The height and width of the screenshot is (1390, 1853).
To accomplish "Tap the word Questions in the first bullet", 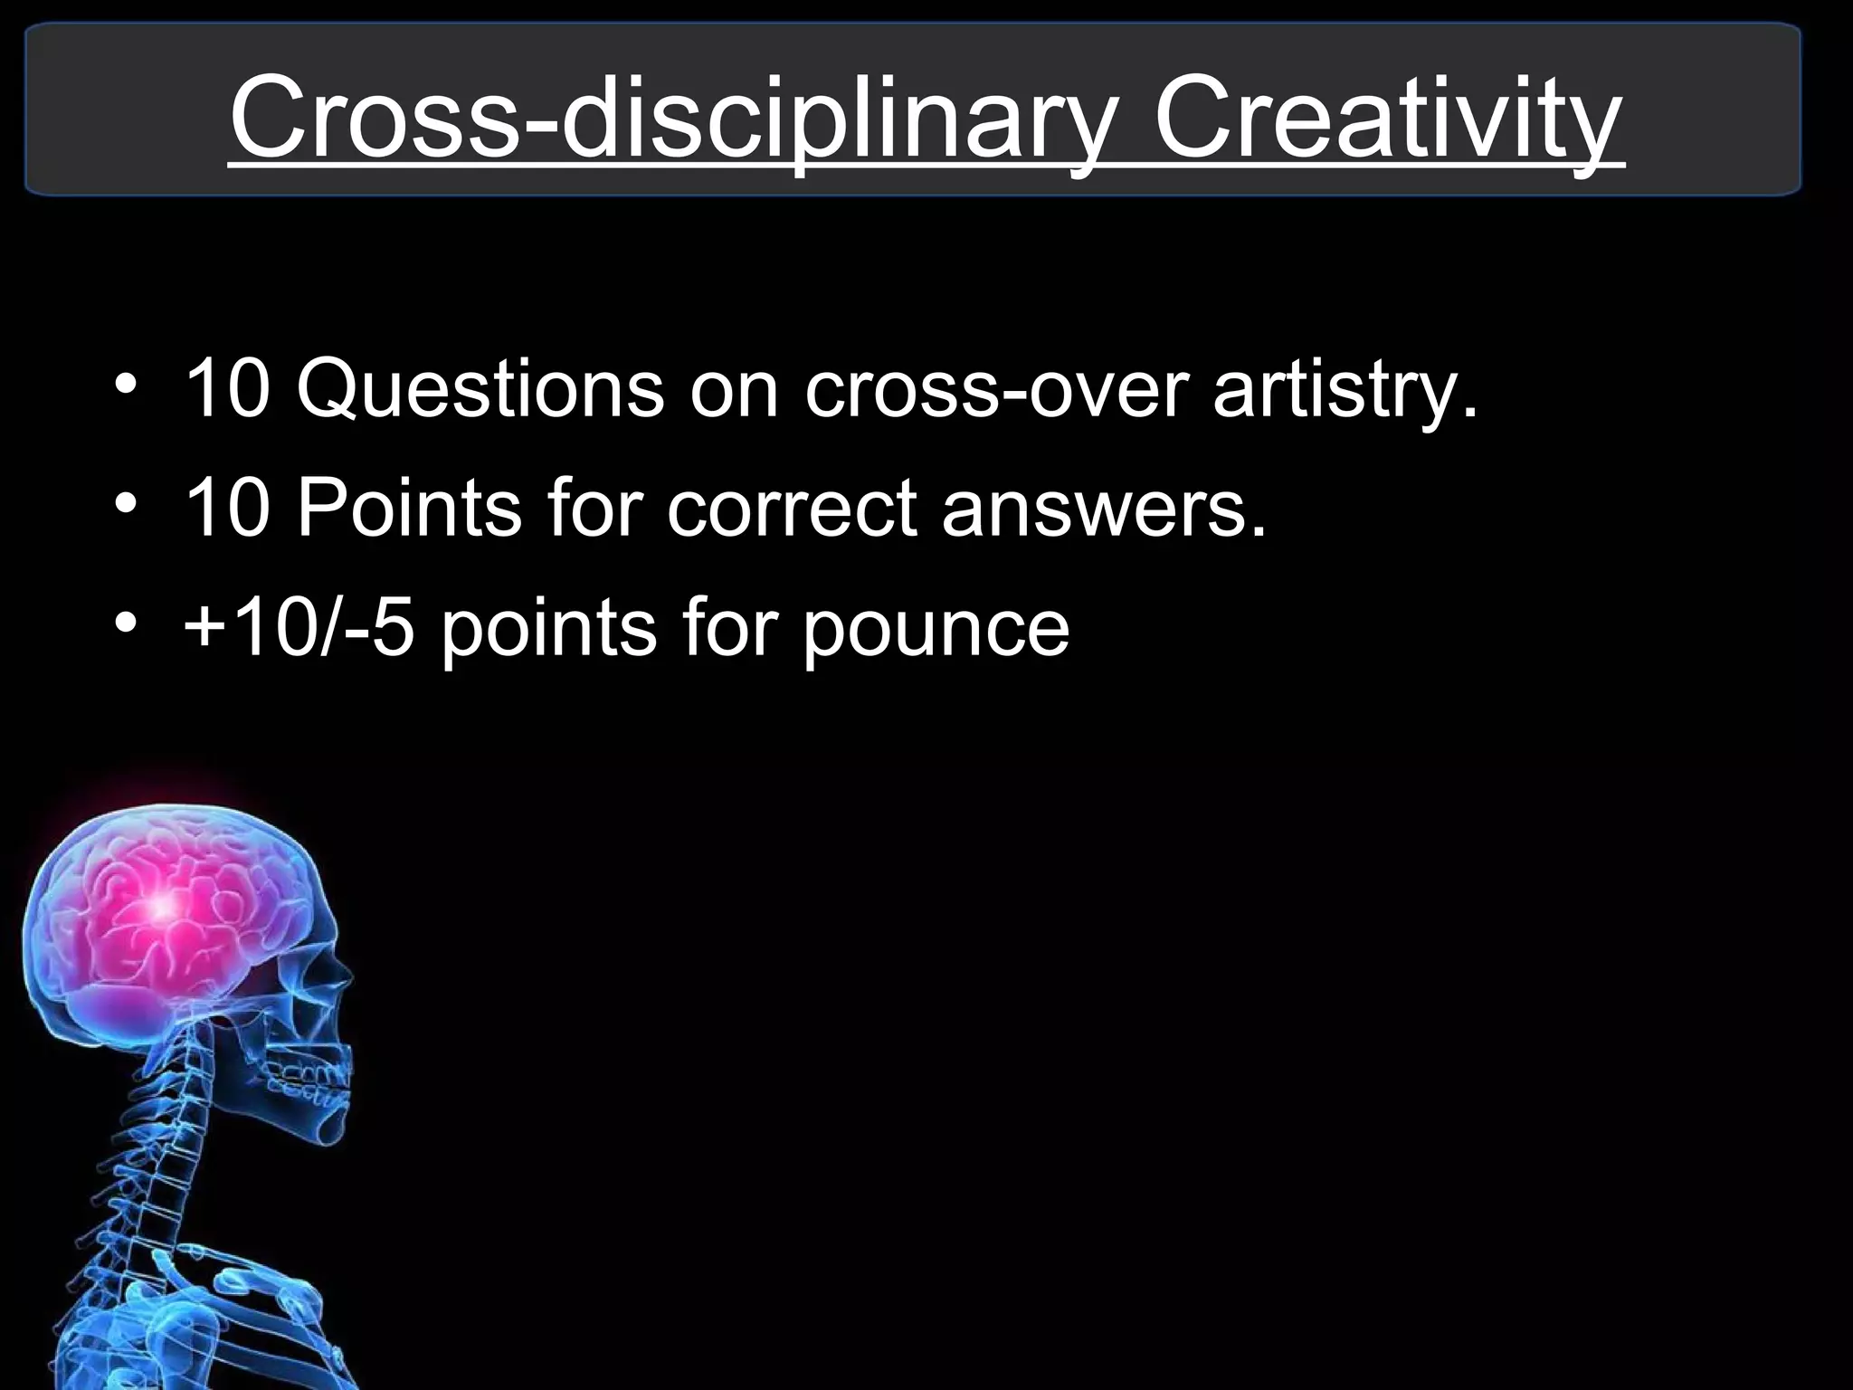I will [x=480, y=391].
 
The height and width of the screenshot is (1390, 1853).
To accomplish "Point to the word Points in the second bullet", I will [x=409, y=509].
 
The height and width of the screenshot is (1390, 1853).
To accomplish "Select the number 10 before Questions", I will [x=226, y=391].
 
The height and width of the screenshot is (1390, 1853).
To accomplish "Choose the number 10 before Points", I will [x=226, y=509].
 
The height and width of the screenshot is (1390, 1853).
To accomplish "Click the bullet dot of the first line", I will [x=126, y=387].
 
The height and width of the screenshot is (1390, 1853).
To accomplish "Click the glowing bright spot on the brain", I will [x=163, y=903].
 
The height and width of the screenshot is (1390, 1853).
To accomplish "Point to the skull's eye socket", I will [x=312, y=977].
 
